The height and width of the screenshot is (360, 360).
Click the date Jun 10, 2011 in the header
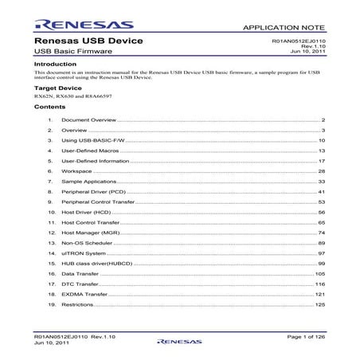point(310,52)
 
